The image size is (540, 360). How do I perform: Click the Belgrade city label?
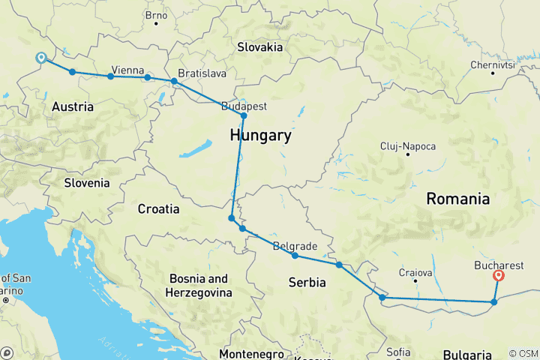tap(295, 246)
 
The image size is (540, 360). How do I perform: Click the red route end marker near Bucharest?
tap(499, 276)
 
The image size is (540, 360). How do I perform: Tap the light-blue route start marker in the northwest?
tap(40, 58)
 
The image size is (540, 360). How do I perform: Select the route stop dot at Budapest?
tap(244, 115)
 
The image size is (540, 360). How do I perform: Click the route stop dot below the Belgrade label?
tap(295, 256)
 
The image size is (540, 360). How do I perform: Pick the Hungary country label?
tap(260, 136)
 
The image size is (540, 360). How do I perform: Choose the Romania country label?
tap(457, 199)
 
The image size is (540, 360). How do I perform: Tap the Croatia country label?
tap(158, 209)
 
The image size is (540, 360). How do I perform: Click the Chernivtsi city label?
tap(492, 64)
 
